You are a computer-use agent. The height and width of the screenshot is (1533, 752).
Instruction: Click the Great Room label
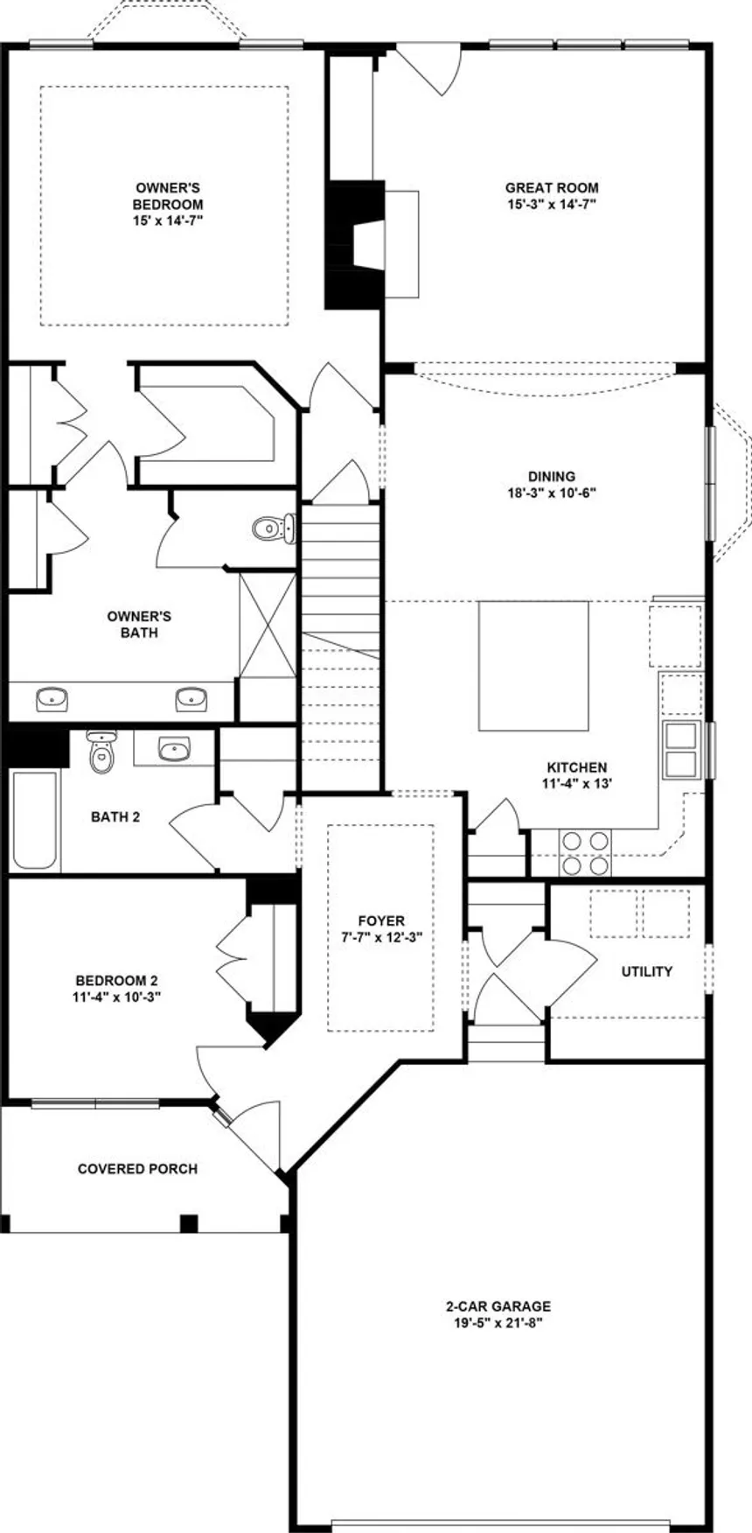tap(552, 187)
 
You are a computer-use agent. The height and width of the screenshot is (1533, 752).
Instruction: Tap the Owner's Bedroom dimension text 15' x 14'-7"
tap(168, 220)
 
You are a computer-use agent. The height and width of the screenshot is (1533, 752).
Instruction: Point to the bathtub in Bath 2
tap(35, 819)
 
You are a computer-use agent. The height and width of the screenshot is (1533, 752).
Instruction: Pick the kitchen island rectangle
tap(533, 666)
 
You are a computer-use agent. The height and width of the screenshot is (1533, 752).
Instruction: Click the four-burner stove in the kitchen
tap(585, 852)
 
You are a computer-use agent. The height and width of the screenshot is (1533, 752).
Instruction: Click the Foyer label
tap(381, 920)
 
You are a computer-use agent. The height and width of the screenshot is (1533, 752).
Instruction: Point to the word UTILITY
tap(647, 971)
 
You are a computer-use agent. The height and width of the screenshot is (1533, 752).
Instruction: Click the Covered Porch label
tap(137, 1169)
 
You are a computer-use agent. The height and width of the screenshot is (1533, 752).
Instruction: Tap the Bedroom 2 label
tap(116, 981)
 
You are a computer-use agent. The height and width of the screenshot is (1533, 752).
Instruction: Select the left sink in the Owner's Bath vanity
tap(52, 698)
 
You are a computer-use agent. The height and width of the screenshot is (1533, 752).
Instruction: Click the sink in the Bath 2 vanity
tap(175, 749)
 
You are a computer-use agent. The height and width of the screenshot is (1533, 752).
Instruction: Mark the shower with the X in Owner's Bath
tap(268, 623)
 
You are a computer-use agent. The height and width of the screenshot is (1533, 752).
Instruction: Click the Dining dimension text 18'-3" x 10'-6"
tap(552, 492)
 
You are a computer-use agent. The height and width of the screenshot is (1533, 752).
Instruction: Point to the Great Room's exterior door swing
tap(430, 68)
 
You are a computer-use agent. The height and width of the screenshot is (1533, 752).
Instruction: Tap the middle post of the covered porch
tap(189, 1222)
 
